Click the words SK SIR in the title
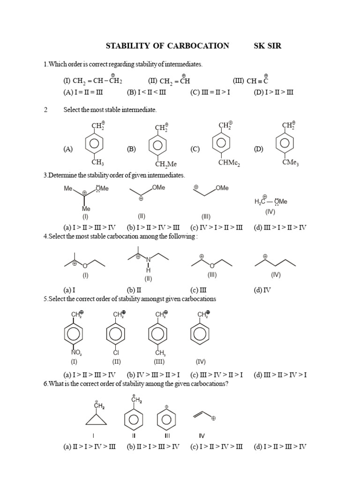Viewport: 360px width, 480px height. (267, 46)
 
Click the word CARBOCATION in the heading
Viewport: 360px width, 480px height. (198, 46)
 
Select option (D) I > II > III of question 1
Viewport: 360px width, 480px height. (273, 92)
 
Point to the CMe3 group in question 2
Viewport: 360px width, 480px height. (291, 162)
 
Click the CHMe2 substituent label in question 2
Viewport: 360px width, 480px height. (229, 163)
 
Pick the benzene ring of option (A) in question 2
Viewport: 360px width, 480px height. (94, 143)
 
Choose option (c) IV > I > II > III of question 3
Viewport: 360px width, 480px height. (217, 227)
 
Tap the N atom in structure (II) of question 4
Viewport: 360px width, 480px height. (149, 260)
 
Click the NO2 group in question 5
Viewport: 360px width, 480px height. (76, 352)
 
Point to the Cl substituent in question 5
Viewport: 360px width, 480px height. (116, 352)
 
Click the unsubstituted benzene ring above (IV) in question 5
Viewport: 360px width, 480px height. (200, 334)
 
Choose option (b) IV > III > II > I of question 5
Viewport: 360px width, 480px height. (153, 375)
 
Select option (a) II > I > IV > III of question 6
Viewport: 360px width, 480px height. (90, 447)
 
